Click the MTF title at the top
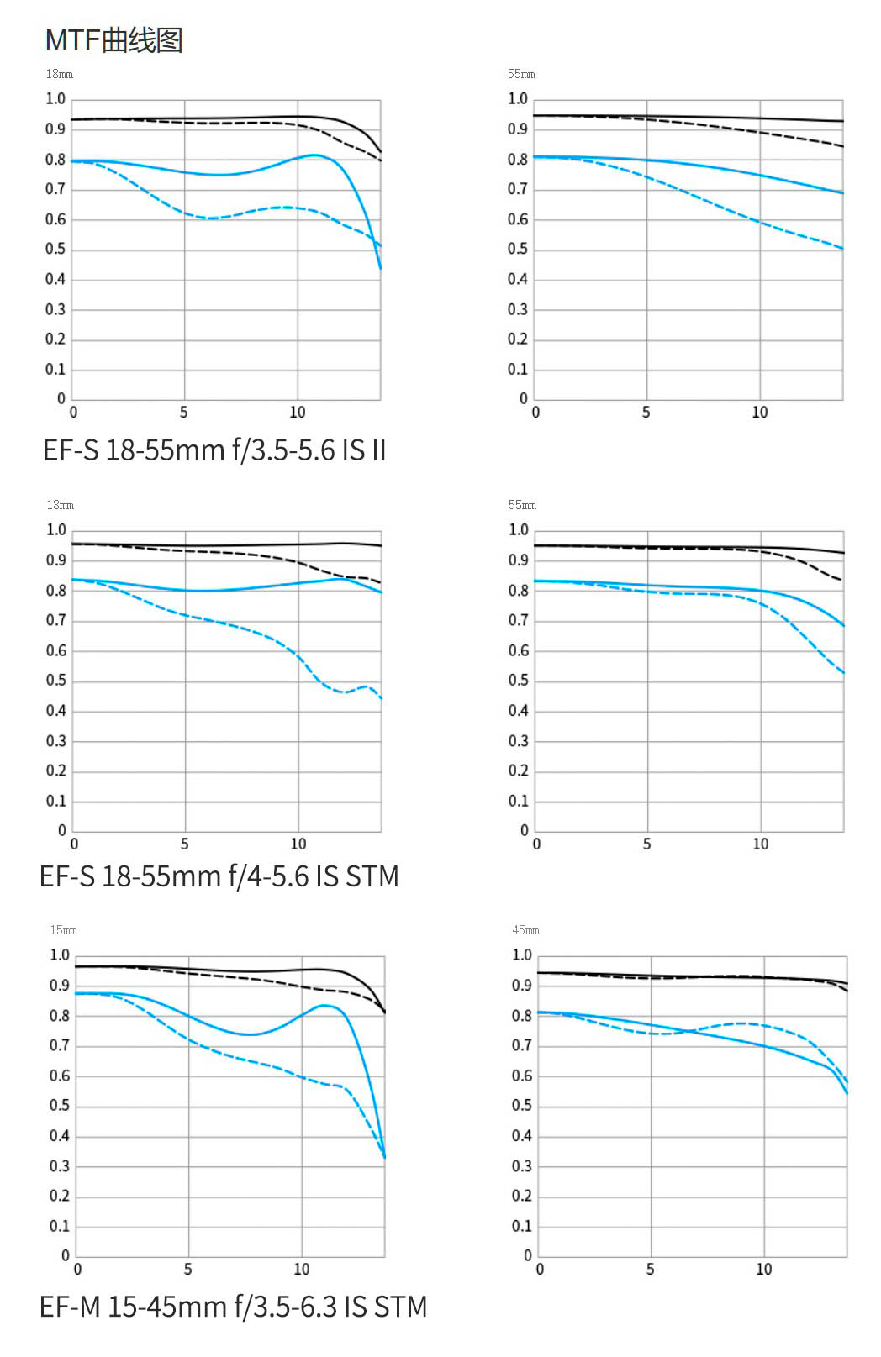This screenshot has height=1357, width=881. pos(113,40)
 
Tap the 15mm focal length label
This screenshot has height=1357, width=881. pos(63,930)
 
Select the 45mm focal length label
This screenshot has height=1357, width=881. pos(525,930)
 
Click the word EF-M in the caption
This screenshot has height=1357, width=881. pos(70,1307)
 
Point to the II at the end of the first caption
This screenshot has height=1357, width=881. pos(378,451)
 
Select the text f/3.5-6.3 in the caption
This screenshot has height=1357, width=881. pos(286,1307)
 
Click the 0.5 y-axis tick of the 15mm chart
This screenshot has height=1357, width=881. pos(60,1106)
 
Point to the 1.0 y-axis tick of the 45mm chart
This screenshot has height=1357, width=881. pos(522,955)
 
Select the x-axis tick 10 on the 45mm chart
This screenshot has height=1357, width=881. pos(763,1270)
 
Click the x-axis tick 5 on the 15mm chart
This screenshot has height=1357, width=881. pos(188,1270)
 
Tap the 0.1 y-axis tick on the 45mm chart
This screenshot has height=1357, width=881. pos(522,1226)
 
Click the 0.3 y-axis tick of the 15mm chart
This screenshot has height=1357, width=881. pos(60,1166)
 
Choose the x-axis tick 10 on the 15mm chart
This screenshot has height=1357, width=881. pos(301,1270)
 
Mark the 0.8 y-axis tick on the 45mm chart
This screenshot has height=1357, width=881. pos(522,1016)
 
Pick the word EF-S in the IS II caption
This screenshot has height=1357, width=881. pos(71,451)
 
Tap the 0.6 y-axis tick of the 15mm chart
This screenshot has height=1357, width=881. pos(60,1076)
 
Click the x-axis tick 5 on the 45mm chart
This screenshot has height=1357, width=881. pos(651,1270)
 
